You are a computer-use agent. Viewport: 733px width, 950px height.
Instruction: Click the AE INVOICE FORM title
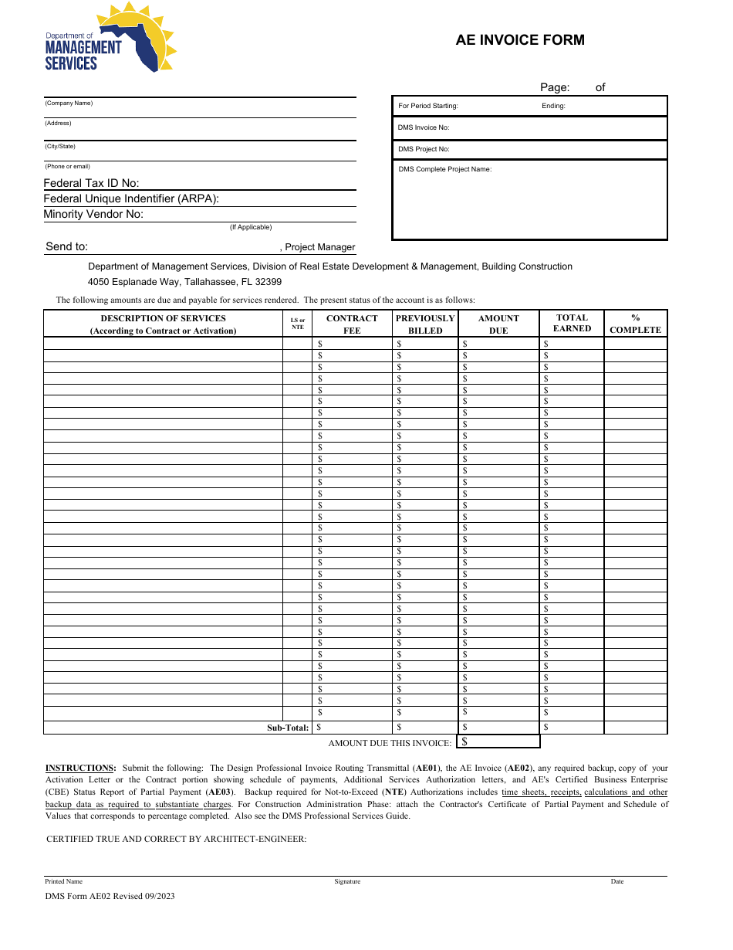519,40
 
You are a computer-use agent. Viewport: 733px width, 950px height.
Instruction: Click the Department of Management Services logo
110,39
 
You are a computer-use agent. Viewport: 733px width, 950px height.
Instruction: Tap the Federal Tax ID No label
91,183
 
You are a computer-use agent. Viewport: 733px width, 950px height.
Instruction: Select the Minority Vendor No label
93,214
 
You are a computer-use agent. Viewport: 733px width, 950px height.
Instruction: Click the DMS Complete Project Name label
444,169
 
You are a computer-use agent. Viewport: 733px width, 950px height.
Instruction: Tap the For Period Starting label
428,106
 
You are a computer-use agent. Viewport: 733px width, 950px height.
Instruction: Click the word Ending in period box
553,106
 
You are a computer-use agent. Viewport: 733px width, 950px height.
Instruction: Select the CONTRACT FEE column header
352,324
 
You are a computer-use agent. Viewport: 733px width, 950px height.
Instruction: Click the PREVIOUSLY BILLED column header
425,324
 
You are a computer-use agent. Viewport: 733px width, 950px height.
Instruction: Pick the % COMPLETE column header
635,324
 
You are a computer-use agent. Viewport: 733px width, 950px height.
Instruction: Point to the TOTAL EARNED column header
572,323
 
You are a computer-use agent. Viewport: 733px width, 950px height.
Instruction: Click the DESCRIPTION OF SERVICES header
163,324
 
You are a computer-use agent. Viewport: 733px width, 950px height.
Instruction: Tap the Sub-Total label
288,728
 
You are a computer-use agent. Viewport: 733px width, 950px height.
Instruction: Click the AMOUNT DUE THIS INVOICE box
498,741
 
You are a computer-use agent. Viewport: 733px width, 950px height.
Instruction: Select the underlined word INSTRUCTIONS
80,768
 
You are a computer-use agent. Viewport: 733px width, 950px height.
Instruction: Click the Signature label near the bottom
347,881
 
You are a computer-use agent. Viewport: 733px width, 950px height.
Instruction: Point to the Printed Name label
63,881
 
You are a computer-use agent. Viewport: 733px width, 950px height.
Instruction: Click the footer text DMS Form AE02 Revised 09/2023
110,896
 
